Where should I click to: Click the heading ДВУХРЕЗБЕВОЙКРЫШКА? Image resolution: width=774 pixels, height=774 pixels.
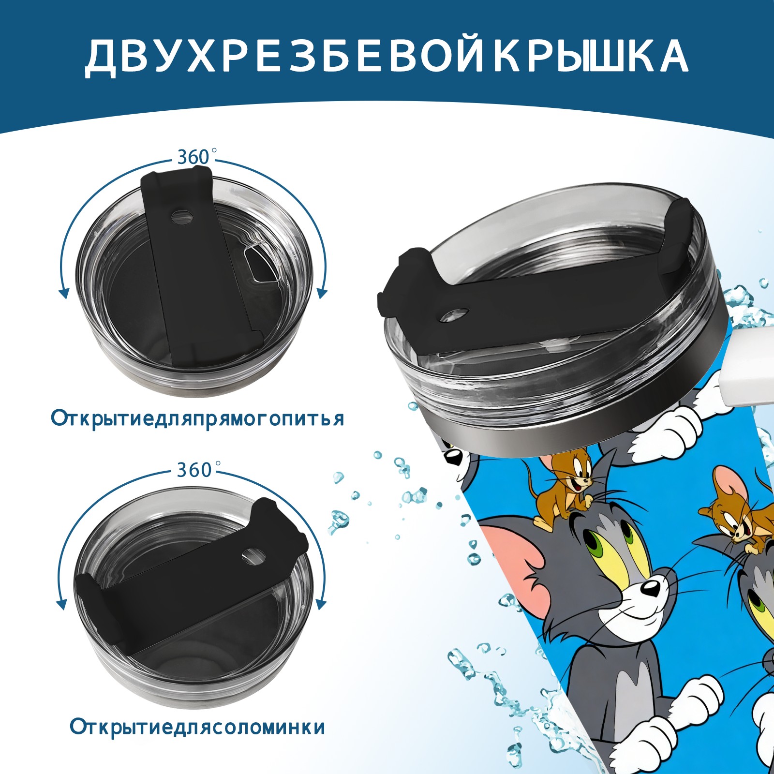click(387, 56)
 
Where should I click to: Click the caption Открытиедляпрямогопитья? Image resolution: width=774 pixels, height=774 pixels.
click(197, 419)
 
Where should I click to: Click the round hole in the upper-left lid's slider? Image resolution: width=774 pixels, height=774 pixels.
click(182, 216)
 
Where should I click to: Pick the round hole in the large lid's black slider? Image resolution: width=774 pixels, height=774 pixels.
click(455, 315)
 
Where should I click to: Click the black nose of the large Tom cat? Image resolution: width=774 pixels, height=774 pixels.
click(650, 588)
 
